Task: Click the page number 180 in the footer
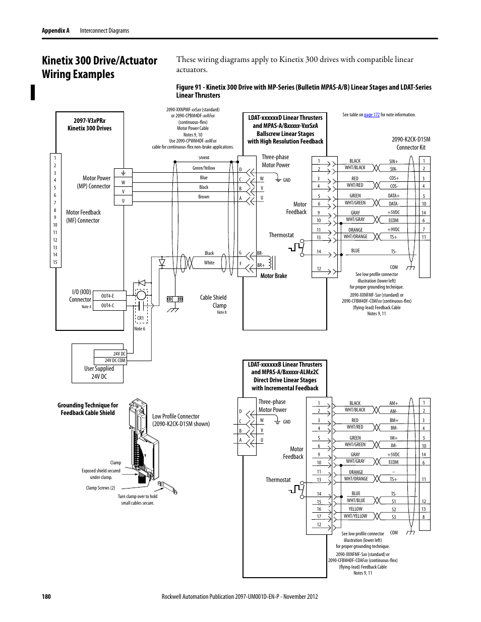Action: (46, 596)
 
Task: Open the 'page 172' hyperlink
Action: (372, 115)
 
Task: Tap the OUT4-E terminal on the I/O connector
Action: (107, 296)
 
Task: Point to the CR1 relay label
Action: (141, 318)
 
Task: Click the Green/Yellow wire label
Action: (204, 168)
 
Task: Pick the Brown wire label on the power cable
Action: (204, 197)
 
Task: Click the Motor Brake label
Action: (273, 276)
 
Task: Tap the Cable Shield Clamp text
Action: (213, 301)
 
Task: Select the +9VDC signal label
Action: (393, 230)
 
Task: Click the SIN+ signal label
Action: (394, 162)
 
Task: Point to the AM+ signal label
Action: (394, 403)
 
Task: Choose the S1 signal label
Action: (394, 501)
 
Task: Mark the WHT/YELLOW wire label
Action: (355, 516)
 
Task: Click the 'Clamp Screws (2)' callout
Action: (100, 488)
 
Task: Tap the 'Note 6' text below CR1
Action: (140, 329)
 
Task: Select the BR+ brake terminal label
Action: (261, 265)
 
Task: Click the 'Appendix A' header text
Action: (55, 31)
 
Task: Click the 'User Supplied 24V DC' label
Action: (99, 372)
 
